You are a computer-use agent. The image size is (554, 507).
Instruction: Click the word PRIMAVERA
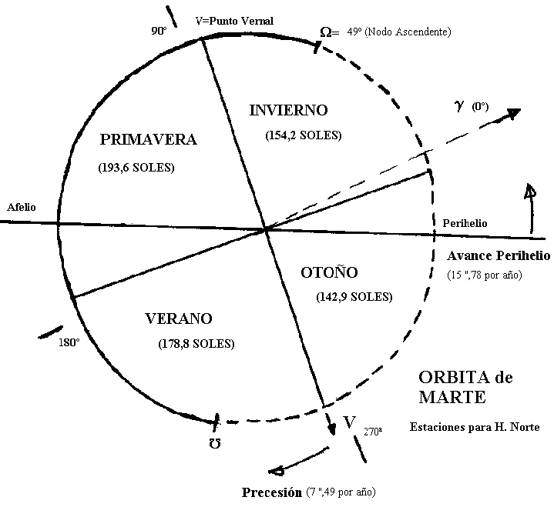(x=149, y=139)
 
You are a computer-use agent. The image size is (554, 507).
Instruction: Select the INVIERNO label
(x=289, y=110)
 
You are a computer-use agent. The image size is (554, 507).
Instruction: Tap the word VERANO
(x=178, y=319)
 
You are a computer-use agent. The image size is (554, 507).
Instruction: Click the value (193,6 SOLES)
(x=136, y=167)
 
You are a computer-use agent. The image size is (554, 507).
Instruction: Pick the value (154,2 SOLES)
(x=303, y=135)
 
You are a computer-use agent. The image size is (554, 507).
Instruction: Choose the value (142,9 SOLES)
(x=354, y=296)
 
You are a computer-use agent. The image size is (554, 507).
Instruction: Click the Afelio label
(x=22, y=208)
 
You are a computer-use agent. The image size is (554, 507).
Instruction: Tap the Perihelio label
(x=465, y=223)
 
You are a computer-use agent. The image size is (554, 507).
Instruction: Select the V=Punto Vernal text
(x=236, y=20)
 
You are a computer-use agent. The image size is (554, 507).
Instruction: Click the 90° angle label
(x=159, y=32)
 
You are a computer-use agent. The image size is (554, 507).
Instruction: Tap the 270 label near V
(x=372, y=432)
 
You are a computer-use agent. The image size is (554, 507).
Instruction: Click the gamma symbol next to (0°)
(x=458, y=105)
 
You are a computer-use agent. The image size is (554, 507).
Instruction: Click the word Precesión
(x=271, y=492)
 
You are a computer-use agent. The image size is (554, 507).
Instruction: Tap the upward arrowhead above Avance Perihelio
(x=529, y=192)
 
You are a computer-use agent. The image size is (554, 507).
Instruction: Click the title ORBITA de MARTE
(x=465, y=387)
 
